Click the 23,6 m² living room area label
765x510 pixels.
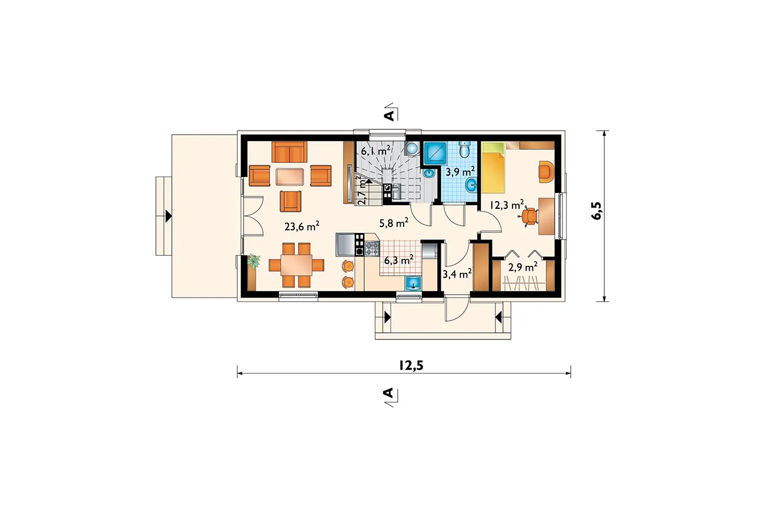point(302,226)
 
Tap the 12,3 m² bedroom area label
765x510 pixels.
point(507,205)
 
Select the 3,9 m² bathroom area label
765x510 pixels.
point(460,171)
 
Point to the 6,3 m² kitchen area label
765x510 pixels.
point(399,260)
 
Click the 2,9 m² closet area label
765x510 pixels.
point(523,267)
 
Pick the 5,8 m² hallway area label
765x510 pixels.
point(394,223)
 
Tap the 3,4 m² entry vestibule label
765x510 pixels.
point(457,274)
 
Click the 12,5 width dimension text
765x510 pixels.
point(411,365)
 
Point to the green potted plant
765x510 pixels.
point(254,262)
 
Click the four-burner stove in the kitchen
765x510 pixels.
point(372,248)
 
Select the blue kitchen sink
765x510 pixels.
point(413,284)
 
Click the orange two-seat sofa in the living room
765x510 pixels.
point(290,152)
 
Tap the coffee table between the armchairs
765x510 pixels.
point(290,177)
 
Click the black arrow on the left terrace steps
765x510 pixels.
point(168,216)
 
